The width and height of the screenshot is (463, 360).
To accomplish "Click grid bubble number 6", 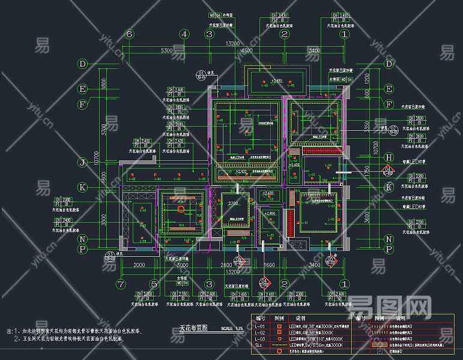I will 129,34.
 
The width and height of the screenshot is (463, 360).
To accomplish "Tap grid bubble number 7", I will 121,284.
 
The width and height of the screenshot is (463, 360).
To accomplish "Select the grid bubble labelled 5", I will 154,284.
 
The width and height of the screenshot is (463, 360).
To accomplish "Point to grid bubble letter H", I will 389,157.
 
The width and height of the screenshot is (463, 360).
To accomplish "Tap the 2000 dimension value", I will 139,265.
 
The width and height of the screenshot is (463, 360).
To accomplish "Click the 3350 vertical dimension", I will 366,125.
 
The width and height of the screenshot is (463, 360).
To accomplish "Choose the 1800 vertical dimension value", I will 103,84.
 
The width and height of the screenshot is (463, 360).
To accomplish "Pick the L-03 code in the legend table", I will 260,338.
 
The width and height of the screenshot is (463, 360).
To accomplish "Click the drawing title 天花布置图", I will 193,328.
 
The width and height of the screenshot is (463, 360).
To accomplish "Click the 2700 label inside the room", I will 233,204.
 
